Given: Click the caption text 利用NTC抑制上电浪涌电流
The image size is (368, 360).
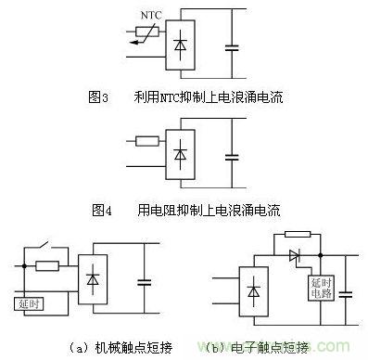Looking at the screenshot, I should pos(213,96).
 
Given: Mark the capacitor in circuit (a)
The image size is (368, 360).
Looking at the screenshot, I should pos(144,281).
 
